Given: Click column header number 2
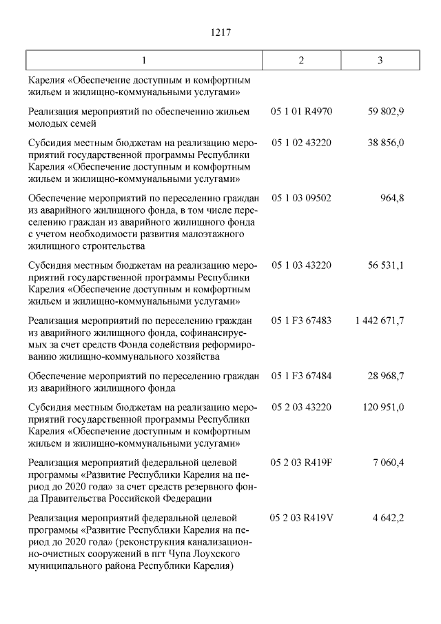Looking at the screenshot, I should (x=302, y=59).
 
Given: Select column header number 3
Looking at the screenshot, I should (x=380, y=59).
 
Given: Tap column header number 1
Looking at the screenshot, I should (x=144, y=59).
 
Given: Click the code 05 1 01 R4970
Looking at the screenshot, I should (x=301, y=110).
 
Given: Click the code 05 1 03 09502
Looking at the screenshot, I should (x=301, y=199).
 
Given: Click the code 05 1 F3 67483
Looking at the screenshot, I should (x=301, y=321).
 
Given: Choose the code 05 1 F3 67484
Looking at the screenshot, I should (x=301, y=376).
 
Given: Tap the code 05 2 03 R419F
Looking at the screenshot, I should (x=301, y=462).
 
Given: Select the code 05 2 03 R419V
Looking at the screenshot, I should (x=302, y=517).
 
